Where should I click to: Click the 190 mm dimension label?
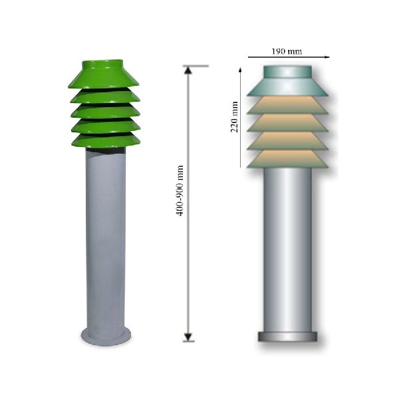point(287,52)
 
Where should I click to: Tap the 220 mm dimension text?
point(234,117)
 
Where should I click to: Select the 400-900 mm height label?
point(180,191)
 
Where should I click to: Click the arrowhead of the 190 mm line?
point(327,57)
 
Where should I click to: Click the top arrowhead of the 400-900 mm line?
point(188,70)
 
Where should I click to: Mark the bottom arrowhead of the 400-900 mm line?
point(188,336)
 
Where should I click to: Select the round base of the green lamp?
point(106,337)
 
